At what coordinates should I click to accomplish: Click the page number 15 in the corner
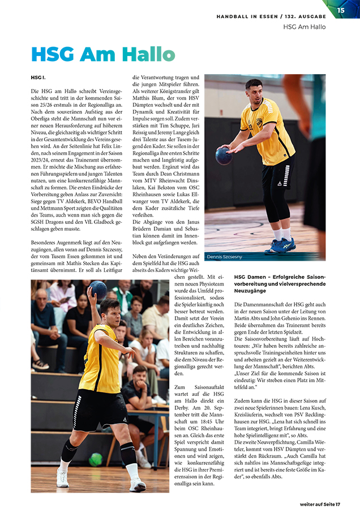click(341, 10)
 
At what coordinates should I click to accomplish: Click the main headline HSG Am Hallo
click(102, 54)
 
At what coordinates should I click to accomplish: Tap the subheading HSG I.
click(37, 77)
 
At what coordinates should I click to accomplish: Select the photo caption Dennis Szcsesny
click(224, 256)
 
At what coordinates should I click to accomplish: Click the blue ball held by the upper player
click(224, 156)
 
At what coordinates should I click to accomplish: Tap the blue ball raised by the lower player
click(98, 290)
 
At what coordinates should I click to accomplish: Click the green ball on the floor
click(96, 459)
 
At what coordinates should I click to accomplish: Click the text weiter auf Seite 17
click(328, 503)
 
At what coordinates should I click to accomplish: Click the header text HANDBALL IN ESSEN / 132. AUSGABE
click(271, 17)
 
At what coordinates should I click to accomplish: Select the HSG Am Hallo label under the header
click(304, 27)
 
